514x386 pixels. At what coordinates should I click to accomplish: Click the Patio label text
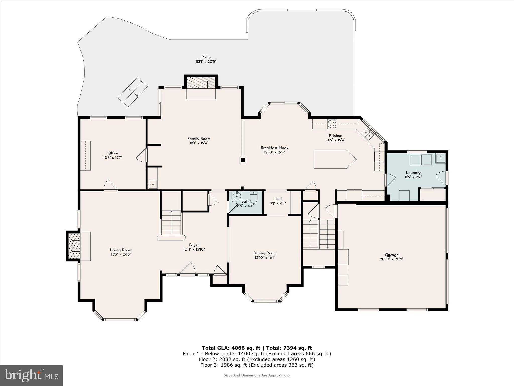coord(206,57)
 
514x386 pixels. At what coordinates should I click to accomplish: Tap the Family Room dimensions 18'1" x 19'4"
coord(199,143)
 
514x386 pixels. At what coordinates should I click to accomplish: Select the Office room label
coord(113,153)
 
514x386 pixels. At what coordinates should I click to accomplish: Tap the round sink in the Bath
coord(236,196)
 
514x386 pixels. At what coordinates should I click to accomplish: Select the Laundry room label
coord(413,173)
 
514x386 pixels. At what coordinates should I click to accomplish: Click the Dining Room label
coord(265,253)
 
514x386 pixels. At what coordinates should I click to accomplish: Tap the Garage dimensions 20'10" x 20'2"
coord(391,259)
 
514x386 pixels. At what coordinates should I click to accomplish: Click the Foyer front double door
coord(188,269)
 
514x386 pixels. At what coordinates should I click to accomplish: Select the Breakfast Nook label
coord(274,148)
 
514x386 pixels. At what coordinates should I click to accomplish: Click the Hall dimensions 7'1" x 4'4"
coord(278,204)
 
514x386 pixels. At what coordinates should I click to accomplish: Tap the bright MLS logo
coord(31,376)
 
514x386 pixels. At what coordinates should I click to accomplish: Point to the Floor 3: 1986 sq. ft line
coord(257,365)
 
